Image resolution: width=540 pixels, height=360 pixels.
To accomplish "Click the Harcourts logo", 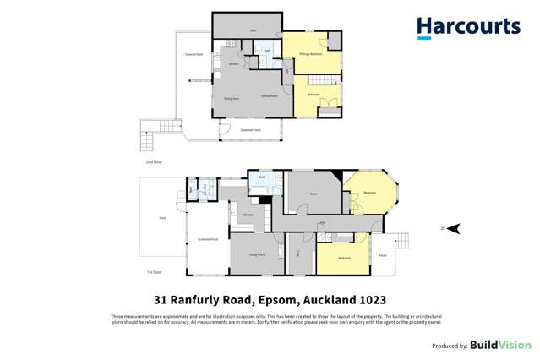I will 467,27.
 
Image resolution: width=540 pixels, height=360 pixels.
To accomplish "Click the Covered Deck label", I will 194,55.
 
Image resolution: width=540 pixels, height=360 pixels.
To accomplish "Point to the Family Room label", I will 270,96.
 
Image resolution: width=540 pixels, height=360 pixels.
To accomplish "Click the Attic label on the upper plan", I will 253,31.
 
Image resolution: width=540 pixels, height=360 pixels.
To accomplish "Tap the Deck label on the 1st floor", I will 162,217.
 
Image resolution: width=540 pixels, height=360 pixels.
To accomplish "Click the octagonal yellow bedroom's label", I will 369,193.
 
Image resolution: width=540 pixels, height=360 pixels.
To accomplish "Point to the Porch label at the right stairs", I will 382,254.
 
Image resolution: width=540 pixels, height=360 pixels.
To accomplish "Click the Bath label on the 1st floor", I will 262,177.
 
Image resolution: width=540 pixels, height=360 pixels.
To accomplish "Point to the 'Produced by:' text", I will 450,346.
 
